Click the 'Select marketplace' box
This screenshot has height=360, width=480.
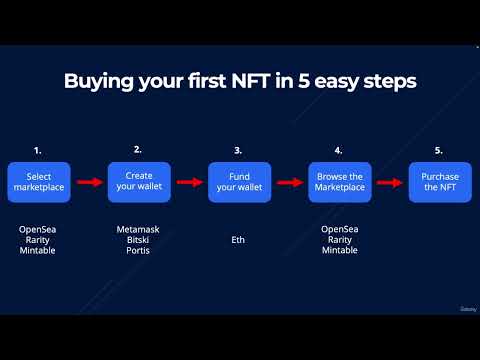(38, 182)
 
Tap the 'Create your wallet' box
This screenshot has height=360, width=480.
(138, 182)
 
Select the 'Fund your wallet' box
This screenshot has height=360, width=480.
(238, 182)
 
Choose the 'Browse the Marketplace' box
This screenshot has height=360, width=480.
(339, 182)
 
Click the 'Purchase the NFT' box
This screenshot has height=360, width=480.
(439, 182)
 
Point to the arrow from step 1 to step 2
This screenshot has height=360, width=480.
(88, 183)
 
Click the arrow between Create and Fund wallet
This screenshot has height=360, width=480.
(188, 183)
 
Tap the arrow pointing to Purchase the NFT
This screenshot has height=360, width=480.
(389, 183)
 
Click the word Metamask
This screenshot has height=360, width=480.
(138, 229)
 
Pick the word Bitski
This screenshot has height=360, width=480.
(138, 240)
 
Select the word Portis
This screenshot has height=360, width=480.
(138, 251)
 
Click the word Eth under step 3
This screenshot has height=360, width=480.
(238, 240)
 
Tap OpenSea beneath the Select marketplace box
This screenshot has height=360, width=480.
(38, 229)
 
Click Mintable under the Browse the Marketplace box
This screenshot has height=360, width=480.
(339, 251)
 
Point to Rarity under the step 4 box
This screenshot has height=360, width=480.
(339, 240)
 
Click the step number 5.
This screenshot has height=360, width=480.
(438, 150)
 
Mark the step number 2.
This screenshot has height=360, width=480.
(137, 149)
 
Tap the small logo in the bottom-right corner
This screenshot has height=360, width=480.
(466, 309)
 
